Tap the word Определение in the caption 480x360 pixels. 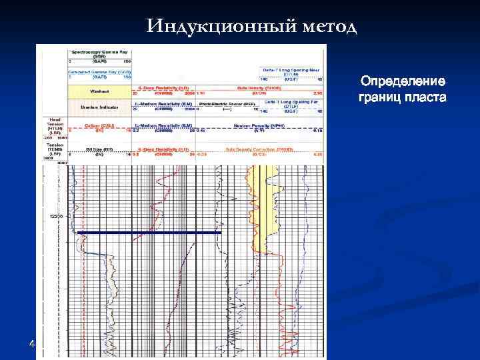point(402,81)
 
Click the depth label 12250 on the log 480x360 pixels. point(57,217)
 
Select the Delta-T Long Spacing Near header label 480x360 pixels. point(293,69)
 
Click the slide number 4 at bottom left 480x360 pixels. point(32,344)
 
